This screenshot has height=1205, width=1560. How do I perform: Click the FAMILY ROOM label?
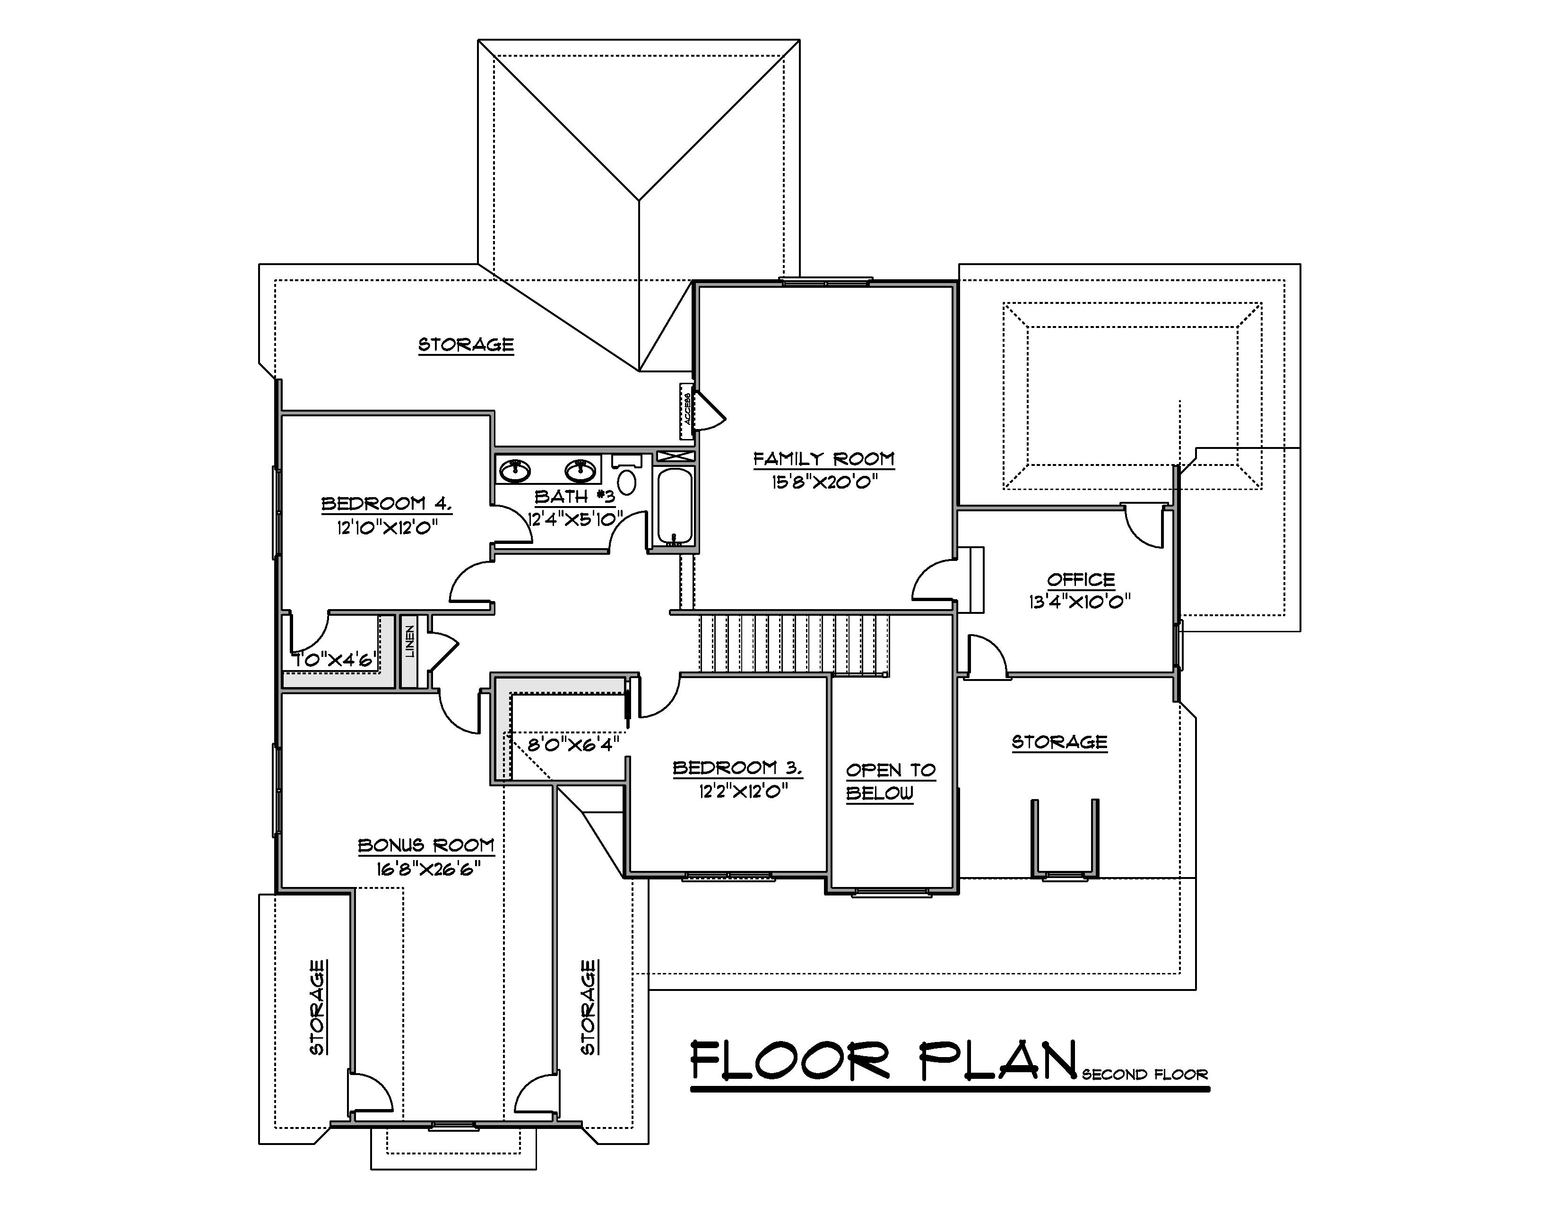(823, 458)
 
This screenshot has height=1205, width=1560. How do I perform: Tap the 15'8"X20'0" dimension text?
(823, 482)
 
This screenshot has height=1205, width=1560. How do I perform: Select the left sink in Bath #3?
(514, 471)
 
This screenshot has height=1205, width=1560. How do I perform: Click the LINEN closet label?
(410, 641)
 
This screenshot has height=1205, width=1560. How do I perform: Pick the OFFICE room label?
(1081, 579)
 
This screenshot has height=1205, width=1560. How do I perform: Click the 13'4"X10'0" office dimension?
(1079, 602)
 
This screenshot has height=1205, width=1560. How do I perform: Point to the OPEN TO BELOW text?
(890, 781)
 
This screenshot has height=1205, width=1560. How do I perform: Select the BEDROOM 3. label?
(737, 768)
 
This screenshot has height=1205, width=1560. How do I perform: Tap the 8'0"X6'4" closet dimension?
(573, 745)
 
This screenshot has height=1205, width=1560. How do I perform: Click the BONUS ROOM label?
(426, 845)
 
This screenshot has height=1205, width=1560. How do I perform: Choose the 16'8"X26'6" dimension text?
(426, 869)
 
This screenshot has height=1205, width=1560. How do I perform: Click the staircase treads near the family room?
(793, 643)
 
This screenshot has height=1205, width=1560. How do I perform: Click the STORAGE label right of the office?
(1059, 742)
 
